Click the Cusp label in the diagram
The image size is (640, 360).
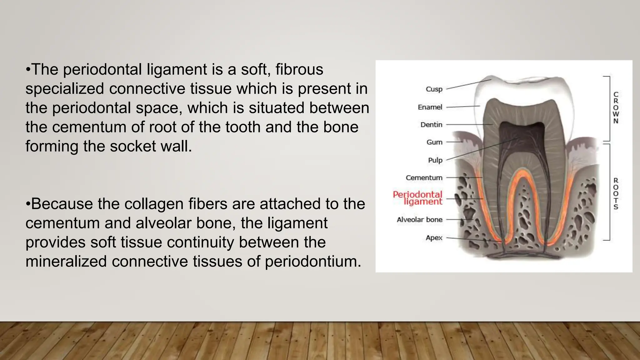click(x=434, y=89)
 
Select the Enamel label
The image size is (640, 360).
click(x=430, y=107)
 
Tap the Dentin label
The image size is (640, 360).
click(x=431, y=125)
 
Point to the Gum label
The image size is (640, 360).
click(x=434, y=142)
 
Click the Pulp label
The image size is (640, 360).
click(x=435, y=160)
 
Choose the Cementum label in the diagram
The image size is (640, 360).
click(x=424, y=178)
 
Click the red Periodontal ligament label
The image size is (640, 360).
click(x=418, y=198)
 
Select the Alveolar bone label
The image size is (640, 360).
click(x=419, y=220)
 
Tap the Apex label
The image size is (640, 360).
click(x=434, y=238)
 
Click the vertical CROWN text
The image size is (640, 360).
click(x=616, y=107)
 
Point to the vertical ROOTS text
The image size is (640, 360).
click(x=616, y=194)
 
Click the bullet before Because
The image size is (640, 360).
click(x=28, y=204)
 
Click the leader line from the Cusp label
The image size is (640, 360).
click(x=469, y=84)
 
